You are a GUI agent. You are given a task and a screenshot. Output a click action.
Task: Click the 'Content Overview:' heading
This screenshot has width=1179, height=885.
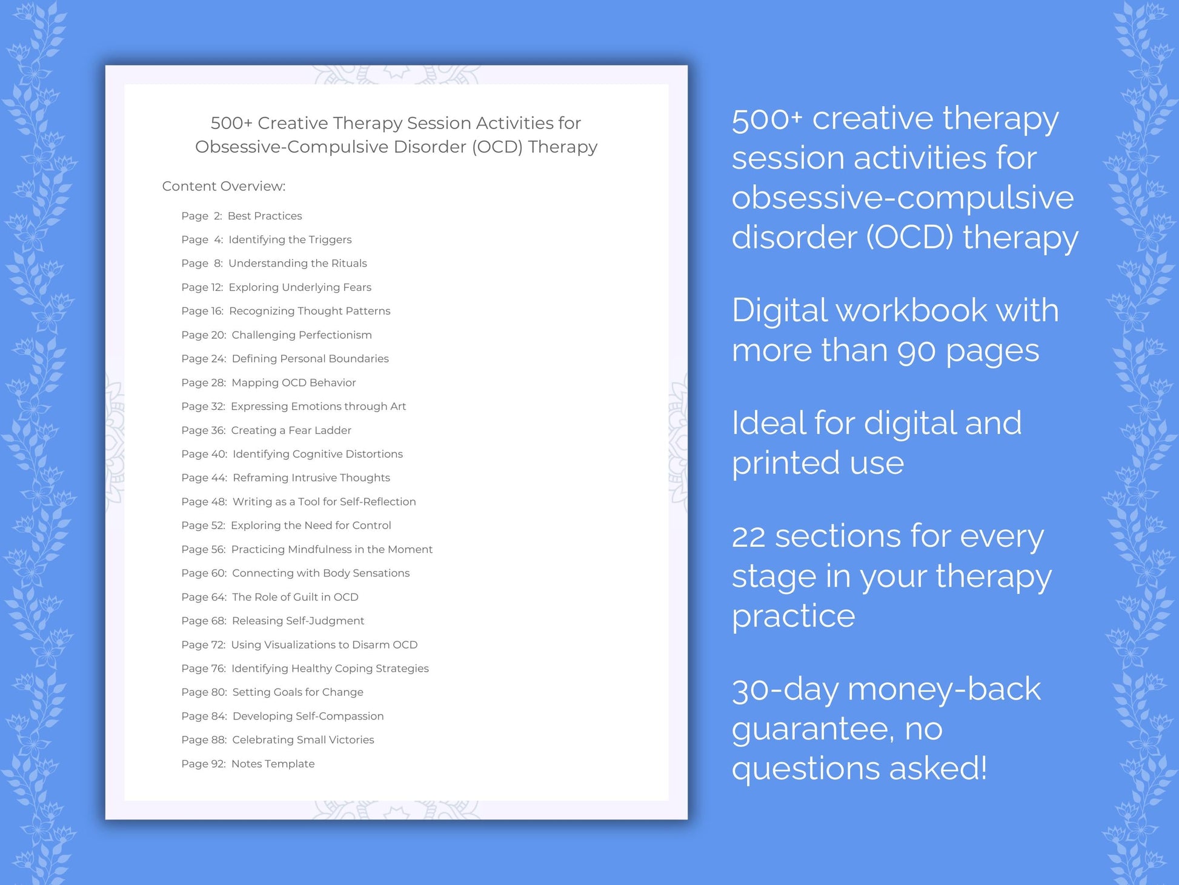coord(224,186)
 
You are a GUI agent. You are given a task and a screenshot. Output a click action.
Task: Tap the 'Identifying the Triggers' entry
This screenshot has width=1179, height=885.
coord(290,239)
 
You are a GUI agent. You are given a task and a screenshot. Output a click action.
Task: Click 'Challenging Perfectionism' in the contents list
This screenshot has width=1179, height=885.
coord(301,335)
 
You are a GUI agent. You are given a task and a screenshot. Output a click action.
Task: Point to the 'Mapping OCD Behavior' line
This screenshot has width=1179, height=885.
coord(293,382)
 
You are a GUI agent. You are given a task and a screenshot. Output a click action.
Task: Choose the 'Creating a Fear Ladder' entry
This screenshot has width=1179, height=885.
coord(291,430)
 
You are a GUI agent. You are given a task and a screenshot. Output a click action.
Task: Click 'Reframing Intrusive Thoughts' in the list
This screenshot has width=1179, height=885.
coord(311,478)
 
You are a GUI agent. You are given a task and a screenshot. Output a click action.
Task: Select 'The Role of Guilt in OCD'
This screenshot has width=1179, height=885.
coord(295,597)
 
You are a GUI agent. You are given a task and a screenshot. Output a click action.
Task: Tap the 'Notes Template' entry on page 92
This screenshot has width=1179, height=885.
coord(273,764)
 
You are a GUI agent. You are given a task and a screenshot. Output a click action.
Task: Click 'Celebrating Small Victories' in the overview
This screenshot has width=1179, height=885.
coord(303,740)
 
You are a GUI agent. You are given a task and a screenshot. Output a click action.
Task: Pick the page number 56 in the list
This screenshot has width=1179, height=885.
coord(218,549)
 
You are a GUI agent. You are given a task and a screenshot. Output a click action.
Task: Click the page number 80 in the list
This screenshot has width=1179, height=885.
coord(218,692)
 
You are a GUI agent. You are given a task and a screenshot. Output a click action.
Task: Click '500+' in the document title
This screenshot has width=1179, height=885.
coord(231,123)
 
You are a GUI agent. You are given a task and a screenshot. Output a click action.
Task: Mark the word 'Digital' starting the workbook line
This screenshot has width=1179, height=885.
coord(778,310)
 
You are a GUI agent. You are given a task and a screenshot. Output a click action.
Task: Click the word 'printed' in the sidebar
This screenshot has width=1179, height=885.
coord(785,464)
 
